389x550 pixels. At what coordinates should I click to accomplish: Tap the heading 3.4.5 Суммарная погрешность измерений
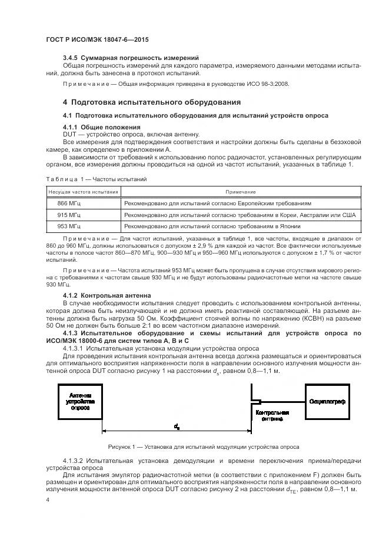tap(130, 57)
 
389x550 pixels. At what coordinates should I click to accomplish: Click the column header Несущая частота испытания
tap(83, 192)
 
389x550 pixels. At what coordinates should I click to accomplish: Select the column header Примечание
tap(240, 192)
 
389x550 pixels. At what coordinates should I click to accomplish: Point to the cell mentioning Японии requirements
tap(212, 226)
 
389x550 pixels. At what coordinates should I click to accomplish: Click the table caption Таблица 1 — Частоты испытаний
tap(96, 179)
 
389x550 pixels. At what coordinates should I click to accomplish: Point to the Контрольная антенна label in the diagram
tap(272, 416)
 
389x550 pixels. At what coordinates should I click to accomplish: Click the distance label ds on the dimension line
tap(177, 425)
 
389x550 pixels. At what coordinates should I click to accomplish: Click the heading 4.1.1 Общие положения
tap(101, 127)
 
